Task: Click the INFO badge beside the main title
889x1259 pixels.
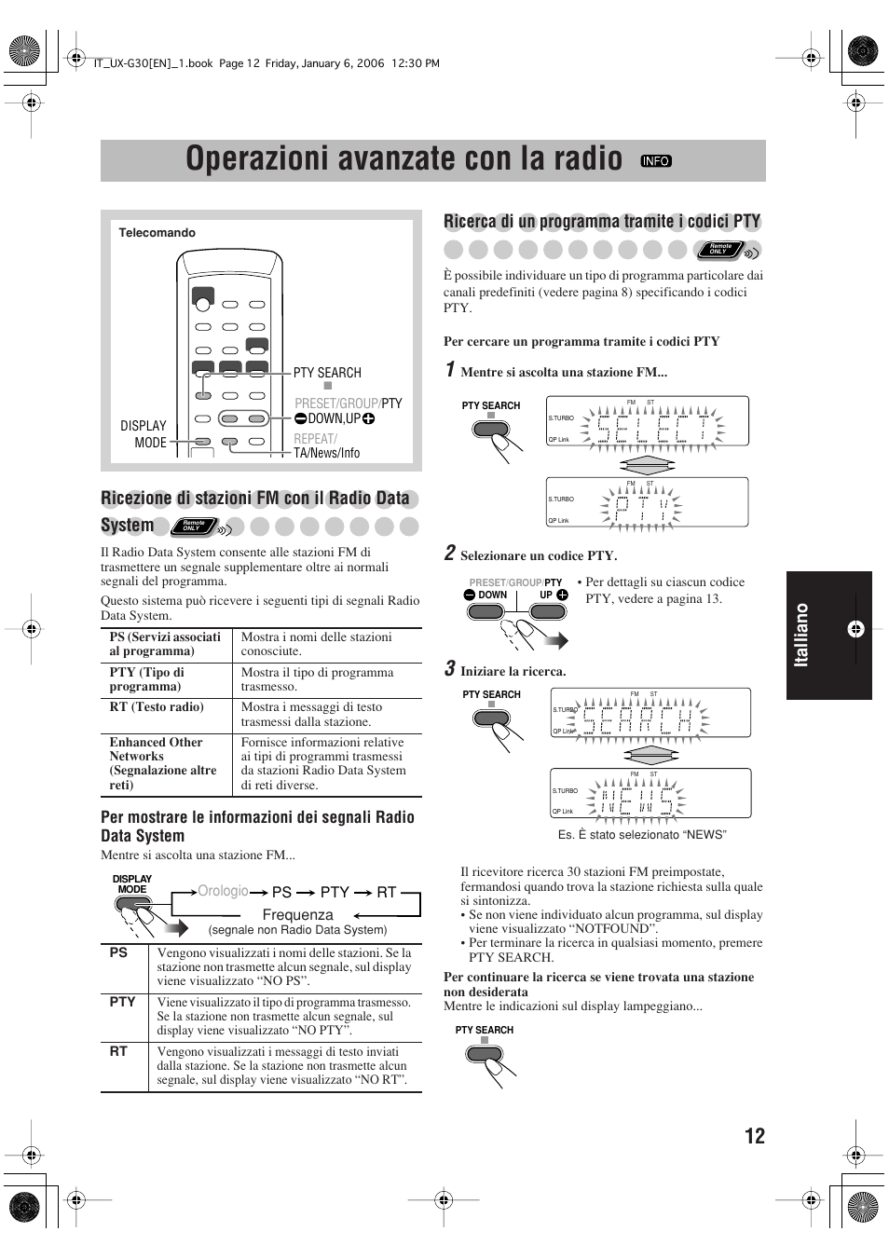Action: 656,161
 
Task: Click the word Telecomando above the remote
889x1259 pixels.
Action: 157,233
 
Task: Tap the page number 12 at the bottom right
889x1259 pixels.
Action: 755,1135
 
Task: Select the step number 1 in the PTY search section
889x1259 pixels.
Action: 449,370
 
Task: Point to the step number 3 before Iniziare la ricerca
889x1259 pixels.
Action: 449,669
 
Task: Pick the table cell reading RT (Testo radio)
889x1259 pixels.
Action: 157,707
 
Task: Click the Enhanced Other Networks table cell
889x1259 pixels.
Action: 164,763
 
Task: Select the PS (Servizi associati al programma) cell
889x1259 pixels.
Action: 165,644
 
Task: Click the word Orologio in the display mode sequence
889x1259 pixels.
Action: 223,892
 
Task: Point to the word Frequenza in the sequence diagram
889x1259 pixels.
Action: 297,915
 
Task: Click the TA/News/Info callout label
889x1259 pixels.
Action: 327,453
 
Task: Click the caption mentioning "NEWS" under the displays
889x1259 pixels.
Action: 641,835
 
